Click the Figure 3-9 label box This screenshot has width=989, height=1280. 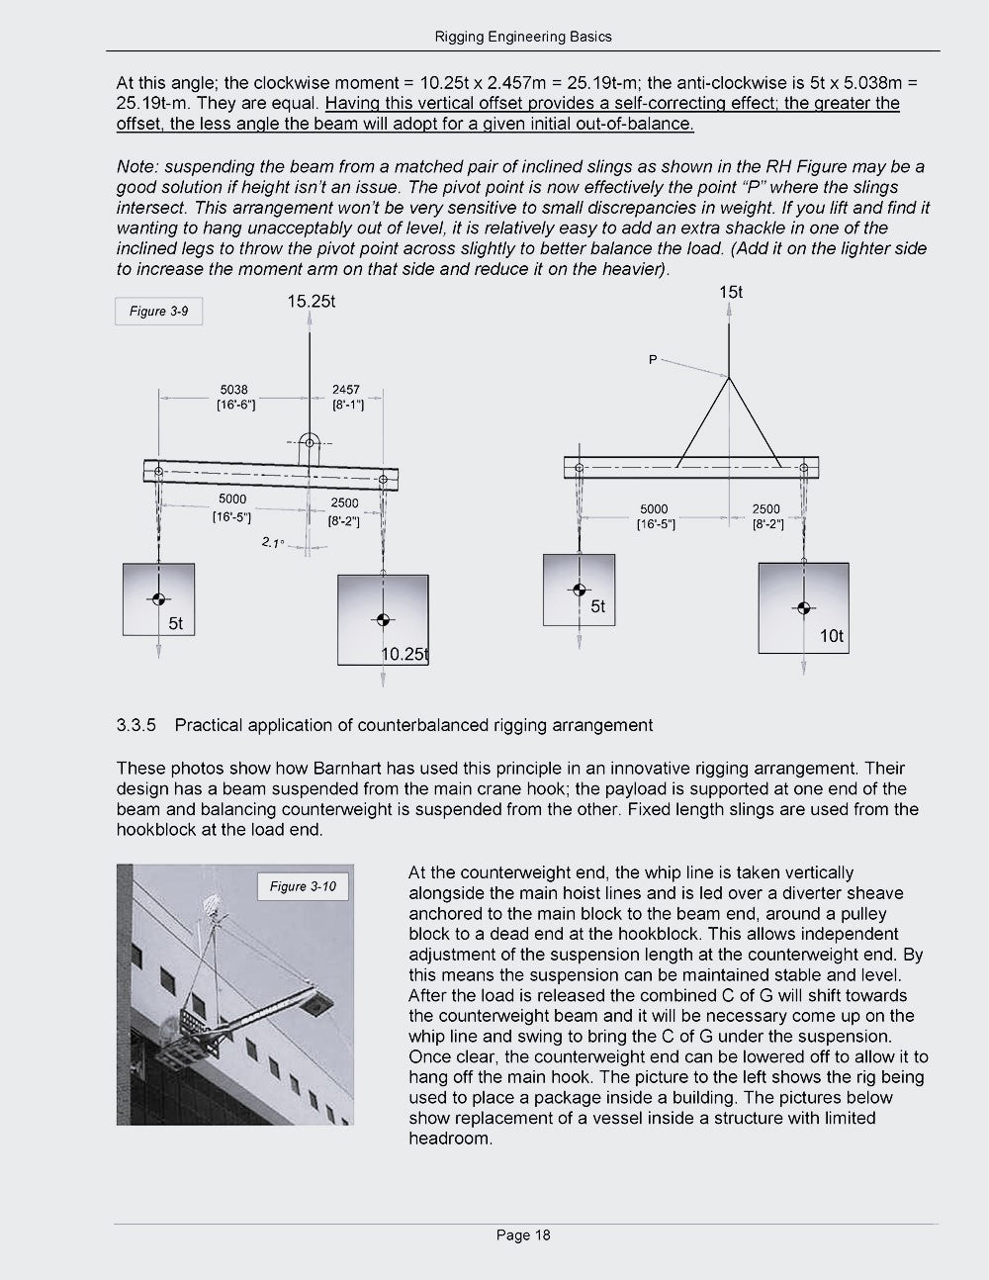(158, 312)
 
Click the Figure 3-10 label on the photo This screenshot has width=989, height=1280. (303, 886)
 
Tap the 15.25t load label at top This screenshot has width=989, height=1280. (311, 302)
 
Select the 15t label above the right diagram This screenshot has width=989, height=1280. (731, 292)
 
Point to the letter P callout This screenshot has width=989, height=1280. (652, 360)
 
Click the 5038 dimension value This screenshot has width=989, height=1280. (234, 390)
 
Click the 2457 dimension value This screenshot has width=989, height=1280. (346, 390)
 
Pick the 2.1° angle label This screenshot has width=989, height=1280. (272, 542)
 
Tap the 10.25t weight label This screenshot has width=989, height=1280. (405, 655)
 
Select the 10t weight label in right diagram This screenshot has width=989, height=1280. (832, 636)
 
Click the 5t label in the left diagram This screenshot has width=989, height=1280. (175, 624)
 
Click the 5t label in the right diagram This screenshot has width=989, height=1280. (597, 606)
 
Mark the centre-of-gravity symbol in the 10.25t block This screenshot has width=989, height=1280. (383, 619)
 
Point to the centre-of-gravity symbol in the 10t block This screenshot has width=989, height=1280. (803, 608)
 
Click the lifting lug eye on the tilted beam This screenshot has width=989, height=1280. (310, 442)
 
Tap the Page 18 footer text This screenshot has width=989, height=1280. (523, 1234)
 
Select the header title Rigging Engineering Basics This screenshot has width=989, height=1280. (523, 37)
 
